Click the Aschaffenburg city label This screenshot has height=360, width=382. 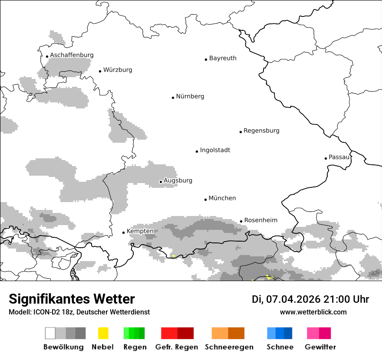coord(72,55)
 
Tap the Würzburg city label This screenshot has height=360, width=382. coord(118,70)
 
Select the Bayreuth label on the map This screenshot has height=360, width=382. coord(223,58)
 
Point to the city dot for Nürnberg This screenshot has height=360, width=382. coord(173,98)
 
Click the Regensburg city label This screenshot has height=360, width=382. coord(261,131)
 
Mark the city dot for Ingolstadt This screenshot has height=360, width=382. coord(197,151)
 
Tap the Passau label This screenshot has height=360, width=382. coord(339,157)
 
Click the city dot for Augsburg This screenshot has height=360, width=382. coord(161,182)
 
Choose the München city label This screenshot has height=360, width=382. coord(222,198)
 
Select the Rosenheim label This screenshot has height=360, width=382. coord(260,220)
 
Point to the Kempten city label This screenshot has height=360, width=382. coord(140,231)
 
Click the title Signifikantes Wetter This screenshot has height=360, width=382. coord(72,299)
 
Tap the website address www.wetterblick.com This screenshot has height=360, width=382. coord(313,312)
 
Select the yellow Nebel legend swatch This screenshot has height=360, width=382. coord(103,333)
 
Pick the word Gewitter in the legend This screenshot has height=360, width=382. coord(320,347)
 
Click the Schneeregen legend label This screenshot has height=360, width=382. coord(229,347)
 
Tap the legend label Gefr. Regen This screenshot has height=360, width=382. coord(176,347)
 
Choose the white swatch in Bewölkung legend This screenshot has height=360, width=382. coord(50,333)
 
